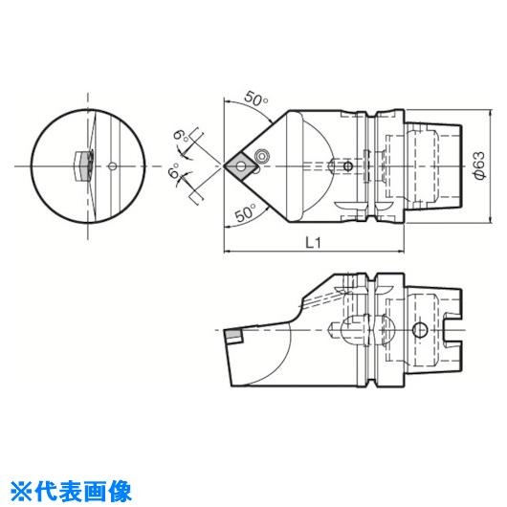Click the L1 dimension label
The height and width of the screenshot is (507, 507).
314,242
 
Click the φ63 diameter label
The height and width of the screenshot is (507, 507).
479,165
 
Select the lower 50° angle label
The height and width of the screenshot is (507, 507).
245,213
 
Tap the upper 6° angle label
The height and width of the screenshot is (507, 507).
181,136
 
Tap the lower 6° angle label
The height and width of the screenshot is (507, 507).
175,173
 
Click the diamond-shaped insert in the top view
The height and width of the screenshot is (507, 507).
241,166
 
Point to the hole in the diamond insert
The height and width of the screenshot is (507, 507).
240,166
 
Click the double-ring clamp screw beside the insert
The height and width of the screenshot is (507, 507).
261,156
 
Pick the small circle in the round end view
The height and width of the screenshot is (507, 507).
113,166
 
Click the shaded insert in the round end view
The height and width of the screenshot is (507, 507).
86,165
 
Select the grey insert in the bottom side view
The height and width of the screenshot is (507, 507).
234,336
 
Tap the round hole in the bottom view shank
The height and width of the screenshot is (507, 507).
420,330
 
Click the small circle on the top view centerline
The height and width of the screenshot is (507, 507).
348,166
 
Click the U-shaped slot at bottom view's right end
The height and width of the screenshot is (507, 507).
452,330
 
